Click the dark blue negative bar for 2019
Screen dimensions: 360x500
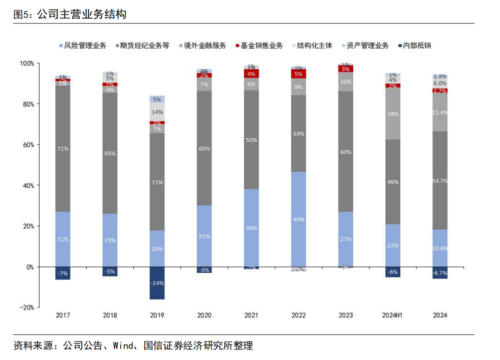pos(157,283)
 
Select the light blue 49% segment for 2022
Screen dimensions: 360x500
pos(299,219)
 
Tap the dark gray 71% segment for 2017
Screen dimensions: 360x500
pos(63,149)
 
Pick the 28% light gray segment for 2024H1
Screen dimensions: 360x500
pos(393,114)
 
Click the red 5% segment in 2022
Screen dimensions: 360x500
pos(299,74)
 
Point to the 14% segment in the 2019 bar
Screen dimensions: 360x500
pos(157,112)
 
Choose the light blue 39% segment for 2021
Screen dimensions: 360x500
pos(252,228)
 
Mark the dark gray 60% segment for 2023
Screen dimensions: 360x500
pos(346,151)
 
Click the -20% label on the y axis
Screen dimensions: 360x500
pos(27,307)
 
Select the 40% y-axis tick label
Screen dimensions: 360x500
pos(28,185)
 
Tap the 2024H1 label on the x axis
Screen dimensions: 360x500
pos(393,315)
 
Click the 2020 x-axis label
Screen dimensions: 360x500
pos(204,315)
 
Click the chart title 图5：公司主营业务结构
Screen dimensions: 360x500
pos(70,15)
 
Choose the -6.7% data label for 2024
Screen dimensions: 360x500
pos(440,273)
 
